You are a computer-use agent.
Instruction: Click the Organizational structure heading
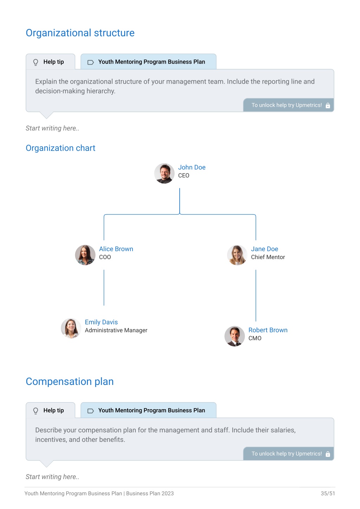tap(80, 33)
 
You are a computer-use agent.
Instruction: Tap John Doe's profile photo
tap(164, 173)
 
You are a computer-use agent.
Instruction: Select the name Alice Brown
tap(116, 249)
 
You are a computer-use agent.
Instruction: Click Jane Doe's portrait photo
tap(237, 255)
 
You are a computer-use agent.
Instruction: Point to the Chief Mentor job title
tap(268, 257)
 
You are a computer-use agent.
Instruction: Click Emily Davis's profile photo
tap(71, 328)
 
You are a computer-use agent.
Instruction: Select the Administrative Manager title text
tap(116, 330)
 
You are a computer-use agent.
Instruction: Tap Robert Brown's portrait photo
tap(234, 336)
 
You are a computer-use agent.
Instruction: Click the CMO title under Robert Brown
tap(255, 338)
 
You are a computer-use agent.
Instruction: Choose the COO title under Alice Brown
tap(105, 257)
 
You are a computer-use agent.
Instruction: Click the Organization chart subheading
tap(60, 148)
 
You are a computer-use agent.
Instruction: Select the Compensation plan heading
tap(70, 381)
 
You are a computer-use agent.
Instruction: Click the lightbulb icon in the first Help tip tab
tap(36, 62)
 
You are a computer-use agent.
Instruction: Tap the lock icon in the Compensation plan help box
tap(328, 454)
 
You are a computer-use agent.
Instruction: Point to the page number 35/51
tap(328, 493)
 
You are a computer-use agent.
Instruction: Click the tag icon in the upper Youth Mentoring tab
tap(90, 62)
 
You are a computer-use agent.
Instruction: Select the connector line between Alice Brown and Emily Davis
tap(104, 288)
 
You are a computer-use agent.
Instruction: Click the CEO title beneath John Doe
tap(184, 175)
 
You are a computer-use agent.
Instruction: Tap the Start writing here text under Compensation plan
tap(52, 477)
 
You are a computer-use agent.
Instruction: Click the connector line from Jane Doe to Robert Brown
tap(256, 295)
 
